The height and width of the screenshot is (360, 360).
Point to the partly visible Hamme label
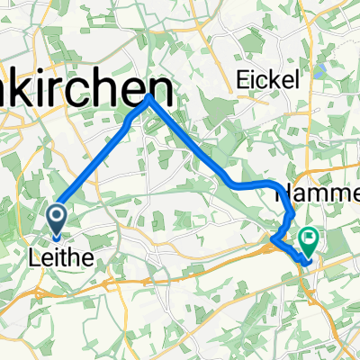(315, 192)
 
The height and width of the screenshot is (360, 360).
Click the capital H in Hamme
(280, 193)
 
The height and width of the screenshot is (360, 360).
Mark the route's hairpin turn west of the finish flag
(271, 238)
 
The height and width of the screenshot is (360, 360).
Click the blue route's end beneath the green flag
(308, 263)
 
